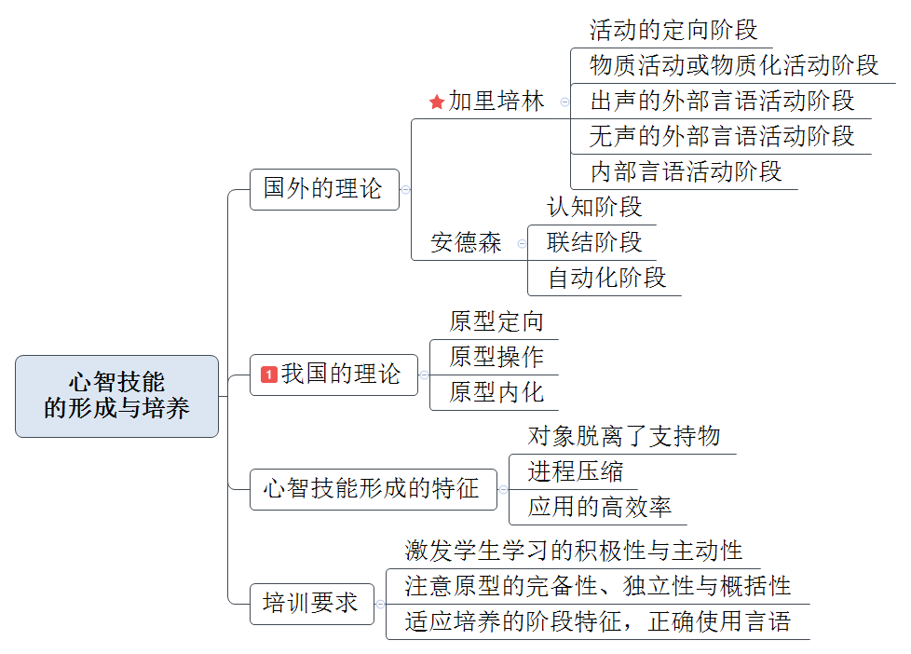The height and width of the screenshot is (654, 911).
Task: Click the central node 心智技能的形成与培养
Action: pyautogui.click(x=116, y=396)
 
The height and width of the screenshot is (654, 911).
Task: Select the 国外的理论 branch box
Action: pyautogui.click(x=323, y=189)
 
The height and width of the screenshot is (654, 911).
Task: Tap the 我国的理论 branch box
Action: pyautogui.click(x=333, y=375)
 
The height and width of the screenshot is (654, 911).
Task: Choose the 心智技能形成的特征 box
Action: pyautogui.click(x=372, y=489)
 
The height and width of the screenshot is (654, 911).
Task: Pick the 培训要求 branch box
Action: pyautogui.click(x=311, y=604)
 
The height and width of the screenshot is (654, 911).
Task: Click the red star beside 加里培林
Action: pyautogui.click(x=437, y=102)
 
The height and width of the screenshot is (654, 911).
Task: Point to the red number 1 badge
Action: pyautogui.click(x=269, y=375)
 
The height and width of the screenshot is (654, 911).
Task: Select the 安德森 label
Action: pyautogui.click(x=466, y=243)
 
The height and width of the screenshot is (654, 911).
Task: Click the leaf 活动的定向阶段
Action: pyautogui.click(x=673, y=30)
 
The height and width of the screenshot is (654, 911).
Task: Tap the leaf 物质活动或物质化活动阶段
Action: pyautogui.click(x=734, y=65)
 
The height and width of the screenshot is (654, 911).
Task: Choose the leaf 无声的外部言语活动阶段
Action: pyautogui.click(x=722, y=136)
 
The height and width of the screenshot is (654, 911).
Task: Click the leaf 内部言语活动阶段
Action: pyautogui.click(x=686, y=171)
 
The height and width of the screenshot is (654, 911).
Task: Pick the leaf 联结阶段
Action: pyautogui.click(x=594, y=242)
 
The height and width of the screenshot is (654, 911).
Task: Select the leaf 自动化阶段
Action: pyautogui.click(x=606, y=278)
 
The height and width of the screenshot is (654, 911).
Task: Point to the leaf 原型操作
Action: pyautogui.click(x=496, y=357)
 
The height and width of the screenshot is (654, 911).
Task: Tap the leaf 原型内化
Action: pyautogui.click(x=496, y=392)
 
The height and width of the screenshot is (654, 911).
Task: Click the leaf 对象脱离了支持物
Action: pyautogui.click(x=624, y=436)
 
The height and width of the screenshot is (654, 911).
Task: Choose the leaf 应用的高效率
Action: pyautogui.click(x=599, y=507)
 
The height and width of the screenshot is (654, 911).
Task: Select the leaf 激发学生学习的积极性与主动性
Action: pyautogui.click(x=574, y=551)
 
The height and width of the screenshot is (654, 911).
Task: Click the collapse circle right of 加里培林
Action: pyautogui.click(x=564, y=102)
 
